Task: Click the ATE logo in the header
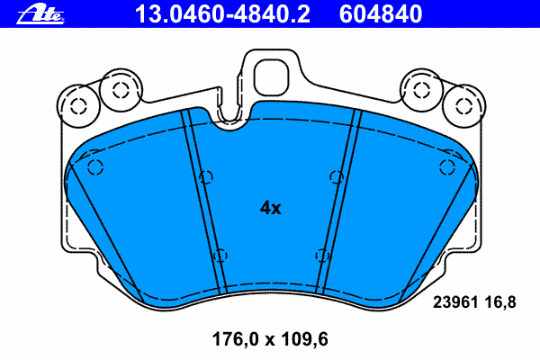pos(40,14)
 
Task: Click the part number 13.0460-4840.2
pos(222,14)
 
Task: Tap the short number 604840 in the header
pos(381,14)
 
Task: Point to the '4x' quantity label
pos(270,208)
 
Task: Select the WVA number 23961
pos(455,302)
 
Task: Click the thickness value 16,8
pos(500,302)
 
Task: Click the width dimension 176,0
pos(235,339)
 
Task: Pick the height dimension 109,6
pos(305,339)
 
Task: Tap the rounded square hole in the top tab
pos(272,78)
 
